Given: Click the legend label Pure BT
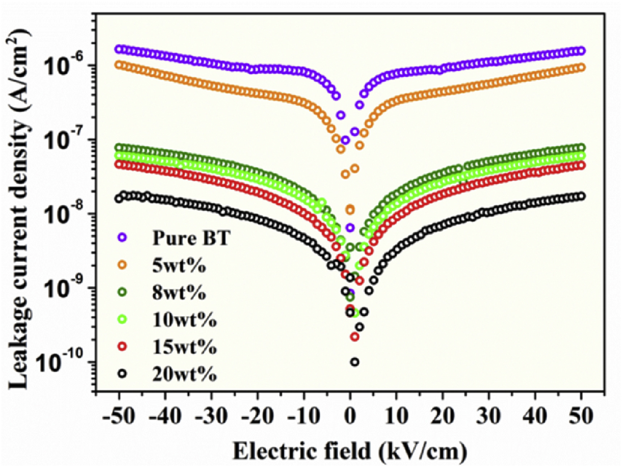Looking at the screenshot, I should click(x=191, y=238).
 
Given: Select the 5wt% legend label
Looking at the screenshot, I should click(x=179, y=266).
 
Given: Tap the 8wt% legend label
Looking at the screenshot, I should click(x=179, y=293).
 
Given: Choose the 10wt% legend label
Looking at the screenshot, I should click(x=184, y=320).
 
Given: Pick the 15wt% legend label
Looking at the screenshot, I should click(x=184, y=347).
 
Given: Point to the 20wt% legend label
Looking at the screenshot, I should click(x=184, y=374).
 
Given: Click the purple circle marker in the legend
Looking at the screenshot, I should click(x=123, y=238).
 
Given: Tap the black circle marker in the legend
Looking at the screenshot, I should click(x=123, y=374).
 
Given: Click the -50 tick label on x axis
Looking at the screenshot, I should click(x=119, y=417).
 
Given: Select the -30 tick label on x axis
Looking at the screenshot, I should click(x=211, y=417).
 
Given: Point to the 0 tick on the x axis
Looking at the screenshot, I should click(x=350, y=417).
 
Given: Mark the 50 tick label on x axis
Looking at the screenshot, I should click(x=581, y=417).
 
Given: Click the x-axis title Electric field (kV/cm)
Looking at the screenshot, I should click(x=349, y=451).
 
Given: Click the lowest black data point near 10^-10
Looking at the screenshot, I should click(x=355, y=362).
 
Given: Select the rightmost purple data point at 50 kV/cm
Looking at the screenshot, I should click(x=581, y=51).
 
